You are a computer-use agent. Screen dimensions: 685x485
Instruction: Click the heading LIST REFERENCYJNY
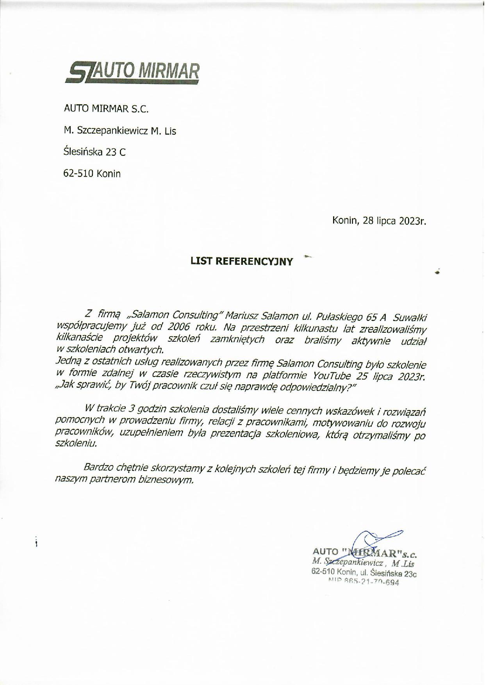pos(241,262)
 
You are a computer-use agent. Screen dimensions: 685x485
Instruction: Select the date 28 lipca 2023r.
pos(394,221)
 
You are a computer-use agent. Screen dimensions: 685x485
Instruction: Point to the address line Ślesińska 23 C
pos(95,152)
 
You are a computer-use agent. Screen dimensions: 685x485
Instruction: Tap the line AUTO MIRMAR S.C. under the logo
pos(106,109)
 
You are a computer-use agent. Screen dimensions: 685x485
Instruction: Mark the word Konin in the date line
pos(345,221)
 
